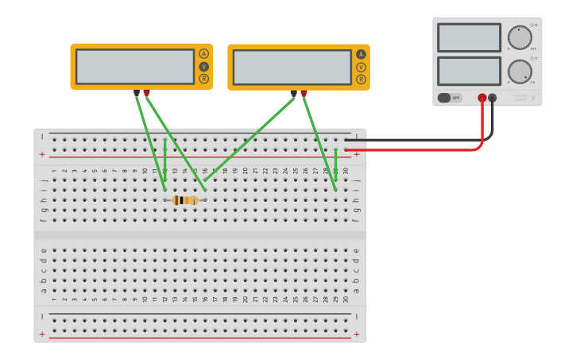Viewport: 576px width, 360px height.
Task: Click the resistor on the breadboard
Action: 186,200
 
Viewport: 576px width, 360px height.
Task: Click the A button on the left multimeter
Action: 204,54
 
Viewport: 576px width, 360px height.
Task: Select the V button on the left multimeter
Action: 204,67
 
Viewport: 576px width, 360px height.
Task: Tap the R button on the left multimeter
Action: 204,79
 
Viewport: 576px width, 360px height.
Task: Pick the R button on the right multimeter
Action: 361,79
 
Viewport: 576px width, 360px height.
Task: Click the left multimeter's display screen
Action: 135,67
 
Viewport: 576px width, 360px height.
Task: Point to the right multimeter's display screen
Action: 292,68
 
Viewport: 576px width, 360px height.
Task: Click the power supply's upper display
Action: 469,37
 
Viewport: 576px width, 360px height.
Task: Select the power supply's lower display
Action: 469,72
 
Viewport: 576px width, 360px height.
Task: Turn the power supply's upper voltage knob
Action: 520,37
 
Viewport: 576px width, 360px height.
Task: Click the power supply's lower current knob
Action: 520,72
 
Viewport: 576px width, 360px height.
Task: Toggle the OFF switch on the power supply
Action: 449,98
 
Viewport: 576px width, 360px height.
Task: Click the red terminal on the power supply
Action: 482,98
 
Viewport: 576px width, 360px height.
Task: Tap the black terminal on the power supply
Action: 493,98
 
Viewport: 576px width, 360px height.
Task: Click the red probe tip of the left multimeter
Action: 146,94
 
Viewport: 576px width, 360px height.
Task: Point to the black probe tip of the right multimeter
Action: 294,94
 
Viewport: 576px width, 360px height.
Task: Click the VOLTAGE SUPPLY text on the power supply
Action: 520,97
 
